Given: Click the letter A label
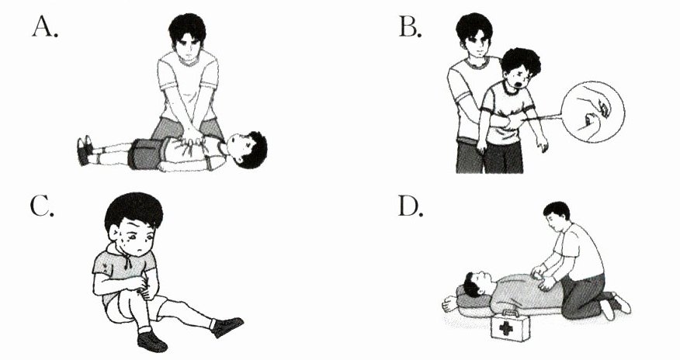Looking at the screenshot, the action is (45, 27).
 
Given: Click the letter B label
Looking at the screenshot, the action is (410, 27).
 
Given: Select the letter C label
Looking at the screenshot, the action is (42, 206).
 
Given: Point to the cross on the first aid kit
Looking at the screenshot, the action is (505, 328).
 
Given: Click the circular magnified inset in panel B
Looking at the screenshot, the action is (592, 112).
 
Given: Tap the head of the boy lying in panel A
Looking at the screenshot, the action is (246, 149).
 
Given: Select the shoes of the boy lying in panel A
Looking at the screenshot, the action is (84, 150).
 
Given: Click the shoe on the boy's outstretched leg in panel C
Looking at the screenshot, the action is (227, 326).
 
